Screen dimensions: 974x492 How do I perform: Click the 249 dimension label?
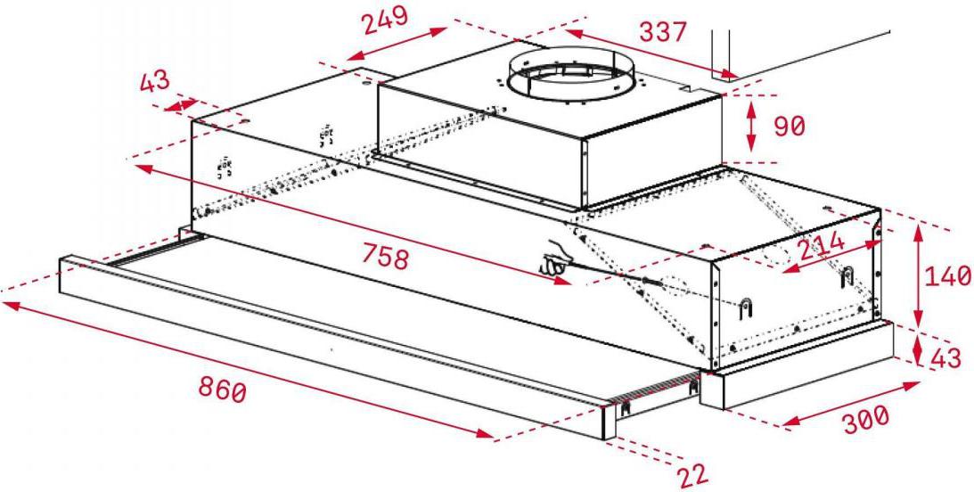[x=386, y=20]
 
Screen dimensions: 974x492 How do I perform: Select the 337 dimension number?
[x=663, y=32]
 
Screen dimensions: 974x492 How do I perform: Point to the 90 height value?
[x=790, y=126]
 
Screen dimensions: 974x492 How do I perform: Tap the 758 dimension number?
[x=385, y=258]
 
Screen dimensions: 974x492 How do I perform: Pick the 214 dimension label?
[x=822, y=245]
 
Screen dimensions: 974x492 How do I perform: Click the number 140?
[x=948, y=275]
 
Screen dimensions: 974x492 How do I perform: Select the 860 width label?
[x=223, y=389]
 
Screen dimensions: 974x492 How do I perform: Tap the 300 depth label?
[x=866, y=419]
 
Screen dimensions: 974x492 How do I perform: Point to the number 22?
[x=692, y=476]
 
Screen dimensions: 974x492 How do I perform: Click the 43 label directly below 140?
[x=946, y=358]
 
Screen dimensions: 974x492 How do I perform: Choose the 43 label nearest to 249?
[x=153, y=81]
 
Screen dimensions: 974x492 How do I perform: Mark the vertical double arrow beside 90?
[x=751, y=126]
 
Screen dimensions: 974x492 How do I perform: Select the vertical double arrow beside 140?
[x=918, y=275]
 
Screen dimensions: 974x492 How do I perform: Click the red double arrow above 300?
[x=851, y=405]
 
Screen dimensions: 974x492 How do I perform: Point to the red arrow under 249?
[x=397, y=44]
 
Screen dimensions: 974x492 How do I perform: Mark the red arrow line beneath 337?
[x=651, y=54]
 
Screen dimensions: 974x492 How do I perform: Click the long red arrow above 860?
[x=250, y=371]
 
